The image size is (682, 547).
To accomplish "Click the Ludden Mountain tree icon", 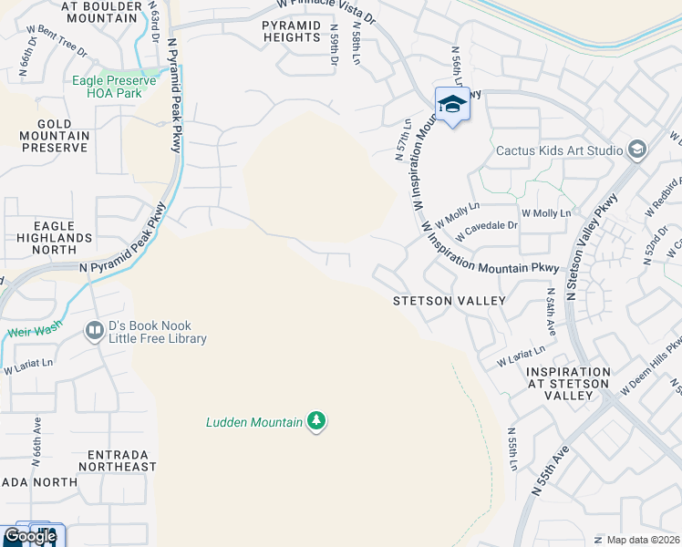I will [x=316, y=420].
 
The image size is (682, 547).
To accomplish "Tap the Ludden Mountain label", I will [x=253, y=422].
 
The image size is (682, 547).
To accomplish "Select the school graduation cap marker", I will [x=452, y=107].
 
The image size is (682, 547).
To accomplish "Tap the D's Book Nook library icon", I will [x=95, y=331].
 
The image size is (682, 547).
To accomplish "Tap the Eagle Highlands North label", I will [x=63, y=237].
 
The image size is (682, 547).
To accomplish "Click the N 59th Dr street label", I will [x=334, y=50].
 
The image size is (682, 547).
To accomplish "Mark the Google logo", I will [x=29, y=536].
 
